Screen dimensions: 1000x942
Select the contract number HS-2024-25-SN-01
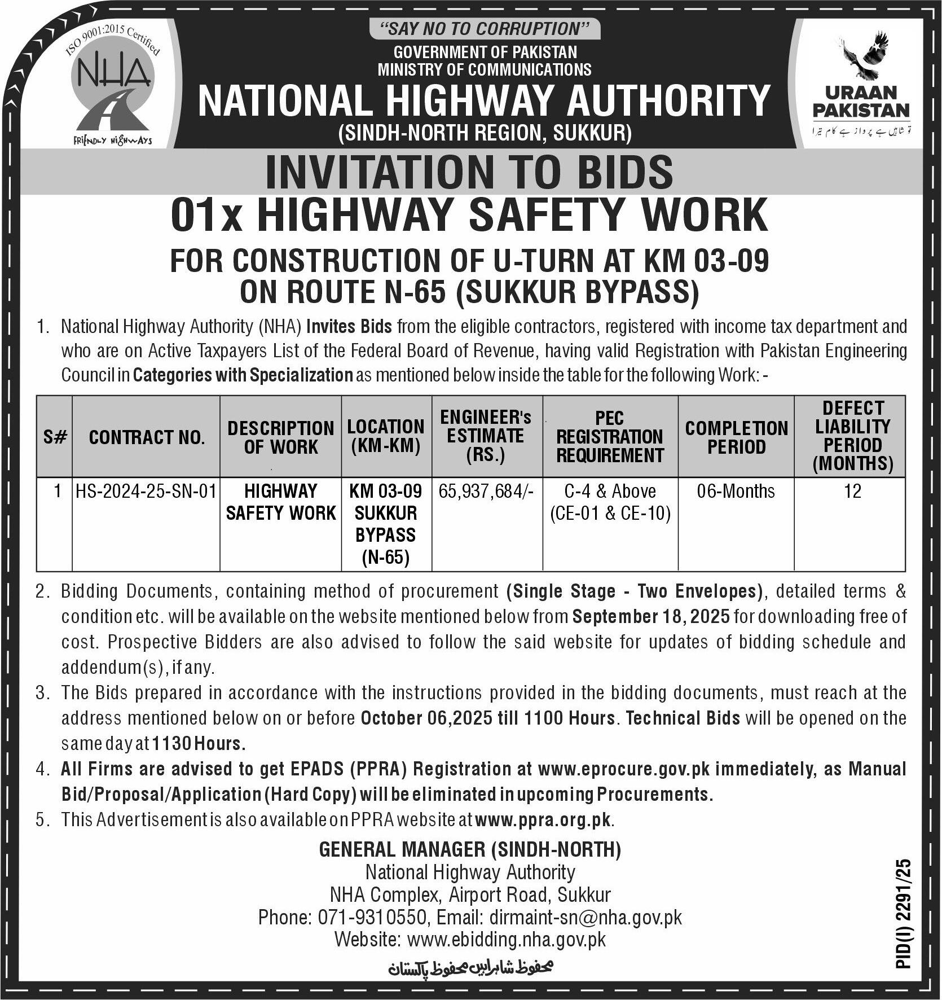146,491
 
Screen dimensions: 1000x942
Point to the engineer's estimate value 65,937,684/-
486,491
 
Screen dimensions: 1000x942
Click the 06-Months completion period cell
736,491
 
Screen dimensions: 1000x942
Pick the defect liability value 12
852,491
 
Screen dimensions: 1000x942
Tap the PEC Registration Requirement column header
610,436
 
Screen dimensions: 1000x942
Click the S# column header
55,437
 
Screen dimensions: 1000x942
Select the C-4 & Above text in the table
610,491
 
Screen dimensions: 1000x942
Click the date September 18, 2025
652,616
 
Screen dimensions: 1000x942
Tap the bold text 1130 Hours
199,743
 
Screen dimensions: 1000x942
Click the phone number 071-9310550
369,917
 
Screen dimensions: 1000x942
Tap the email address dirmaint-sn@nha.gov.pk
586,917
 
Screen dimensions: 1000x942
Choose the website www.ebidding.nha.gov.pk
506,939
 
